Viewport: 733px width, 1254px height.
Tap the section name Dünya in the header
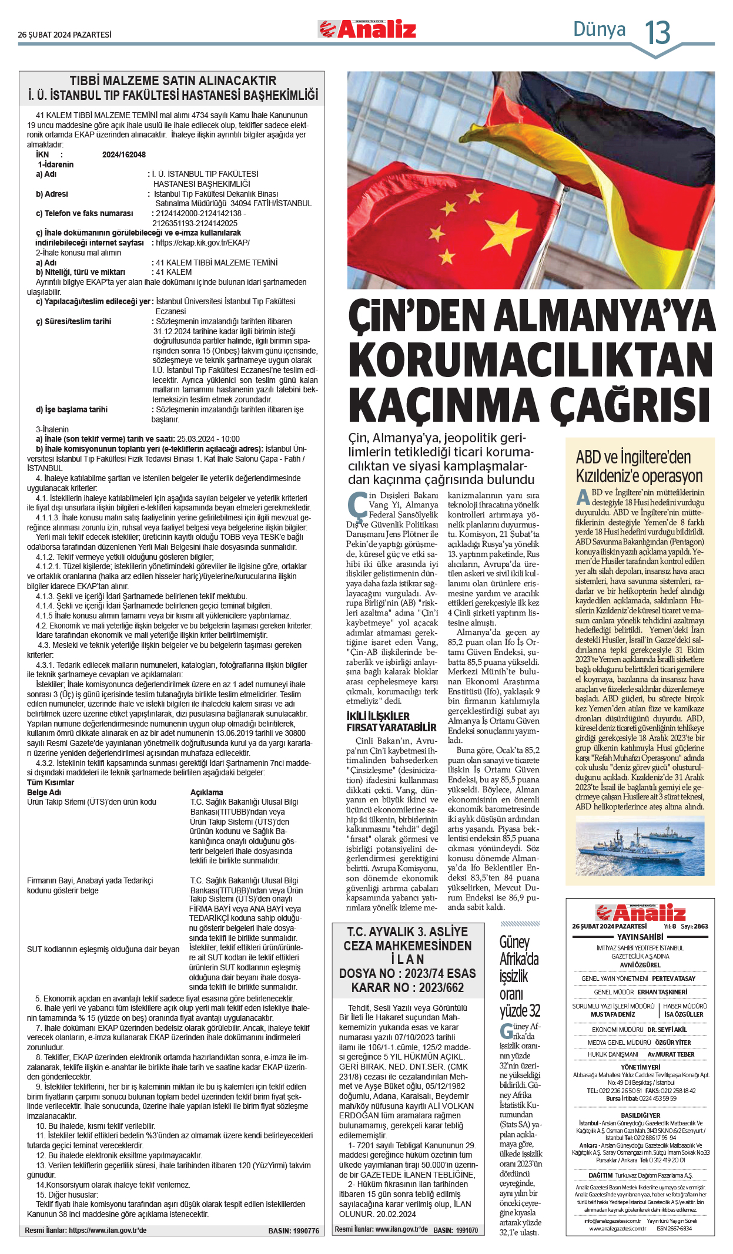(599, 29)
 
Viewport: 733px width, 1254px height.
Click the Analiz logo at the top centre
(367, 29)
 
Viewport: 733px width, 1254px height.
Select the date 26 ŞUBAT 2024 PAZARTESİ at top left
(65, 35)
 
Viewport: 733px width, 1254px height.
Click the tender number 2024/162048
(123, 154)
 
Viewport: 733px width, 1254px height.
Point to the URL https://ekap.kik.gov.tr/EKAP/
(202, 243)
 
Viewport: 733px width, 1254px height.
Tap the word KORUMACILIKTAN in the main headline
(530, 359)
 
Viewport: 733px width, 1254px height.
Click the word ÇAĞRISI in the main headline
(634, 405)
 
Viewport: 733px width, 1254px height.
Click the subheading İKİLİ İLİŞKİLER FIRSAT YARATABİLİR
(391, 721)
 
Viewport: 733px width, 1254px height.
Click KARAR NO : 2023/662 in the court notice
(407, 987)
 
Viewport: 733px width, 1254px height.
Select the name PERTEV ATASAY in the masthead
(673, 979)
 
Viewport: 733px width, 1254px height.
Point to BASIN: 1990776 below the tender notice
(293, 1231)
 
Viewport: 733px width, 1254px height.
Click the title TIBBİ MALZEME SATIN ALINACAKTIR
(173, 80)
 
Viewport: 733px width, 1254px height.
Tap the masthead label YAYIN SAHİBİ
(640, 937)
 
